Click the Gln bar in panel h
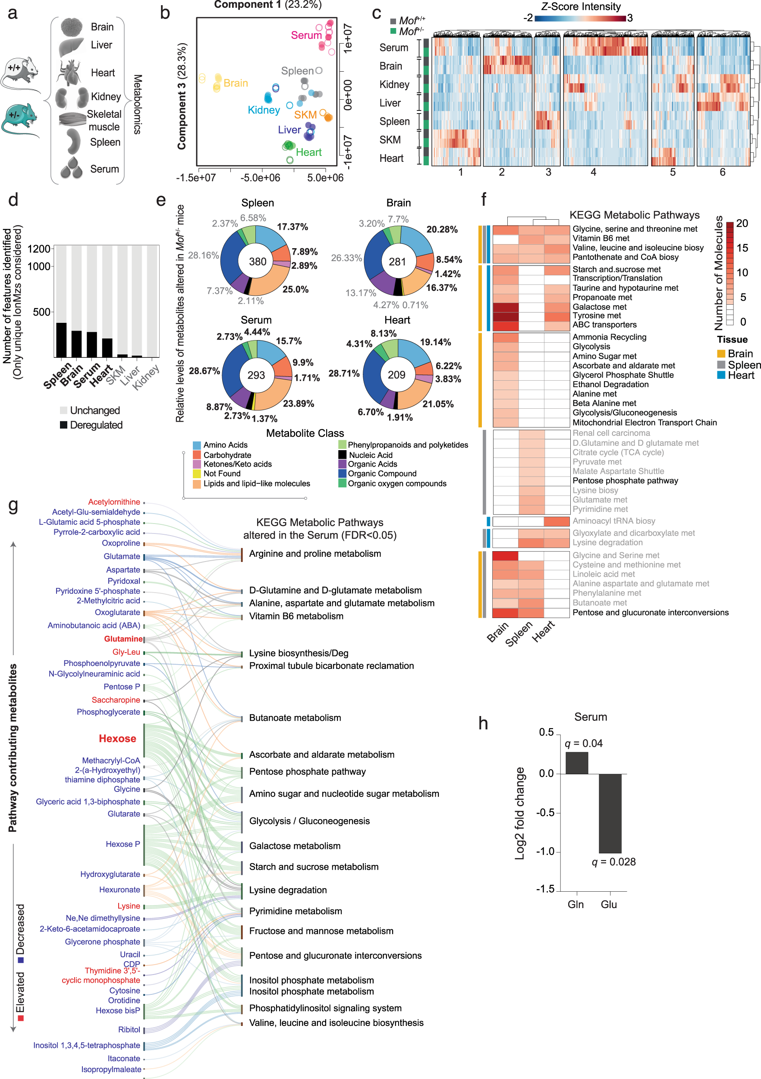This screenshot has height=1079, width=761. pos(576,763)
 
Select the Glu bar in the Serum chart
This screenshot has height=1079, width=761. pos(610,813)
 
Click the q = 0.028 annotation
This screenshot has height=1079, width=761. pos(613,862)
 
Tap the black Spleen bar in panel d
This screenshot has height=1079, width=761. pos(61,340)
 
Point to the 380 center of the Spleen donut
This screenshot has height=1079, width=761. pos(258,262)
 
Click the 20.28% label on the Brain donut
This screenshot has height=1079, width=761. pos(442,229)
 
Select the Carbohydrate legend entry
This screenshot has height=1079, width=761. pos(227,455)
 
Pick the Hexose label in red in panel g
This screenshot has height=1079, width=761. pos(117,738)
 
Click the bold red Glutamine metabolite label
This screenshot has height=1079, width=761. pos(123,639)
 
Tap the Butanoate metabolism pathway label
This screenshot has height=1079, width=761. pos(295,718)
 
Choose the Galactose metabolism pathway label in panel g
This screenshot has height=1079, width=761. pos(295,846)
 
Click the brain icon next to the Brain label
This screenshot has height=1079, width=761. pos(72,27)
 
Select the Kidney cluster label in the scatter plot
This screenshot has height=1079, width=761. pos(264,110)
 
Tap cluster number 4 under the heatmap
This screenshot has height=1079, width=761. pos(593,172)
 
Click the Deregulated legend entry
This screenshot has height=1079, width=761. pos(96,425)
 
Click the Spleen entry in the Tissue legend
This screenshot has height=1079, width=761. pos(744,365)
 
